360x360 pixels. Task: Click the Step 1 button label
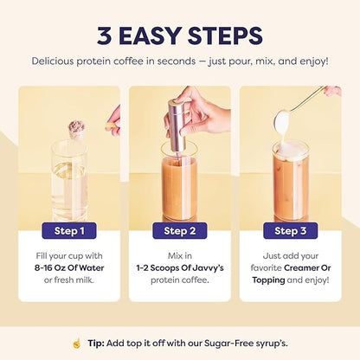tap(69, 231)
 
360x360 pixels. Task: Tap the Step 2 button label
tap(179, 231)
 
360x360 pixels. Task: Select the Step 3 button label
tap(290, 231)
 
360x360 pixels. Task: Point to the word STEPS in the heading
tap(220, 36)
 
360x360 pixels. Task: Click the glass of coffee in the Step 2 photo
tap(179, 186)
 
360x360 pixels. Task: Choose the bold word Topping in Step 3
tap(269, 281)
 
